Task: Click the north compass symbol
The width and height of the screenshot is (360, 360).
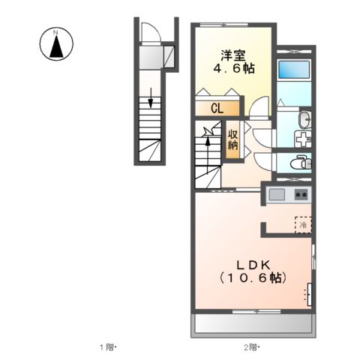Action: (x=55, y=43)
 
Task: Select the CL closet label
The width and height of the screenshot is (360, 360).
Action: (x=216, y=108)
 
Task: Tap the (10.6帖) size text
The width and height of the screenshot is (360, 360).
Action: (x=249, y=278)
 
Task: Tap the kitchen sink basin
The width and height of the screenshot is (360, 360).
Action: (x=276, y=196)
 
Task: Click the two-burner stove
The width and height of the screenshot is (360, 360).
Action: (x=300, y=196)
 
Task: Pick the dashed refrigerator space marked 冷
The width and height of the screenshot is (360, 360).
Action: (x=303, y=224)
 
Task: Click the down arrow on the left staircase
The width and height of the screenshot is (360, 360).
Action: (x=151, y=97)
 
